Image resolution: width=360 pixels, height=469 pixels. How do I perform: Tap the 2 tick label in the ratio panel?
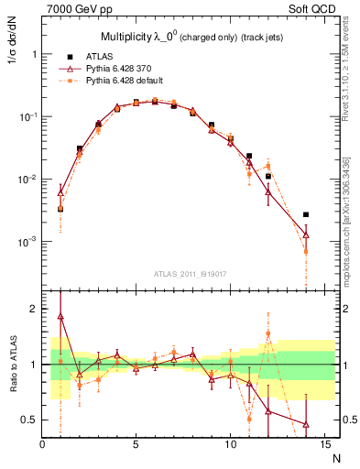34,310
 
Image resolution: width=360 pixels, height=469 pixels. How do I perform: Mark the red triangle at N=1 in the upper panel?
60,192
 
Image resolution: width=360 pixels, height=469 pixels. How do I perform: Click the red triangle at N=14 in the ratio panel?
305,424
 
